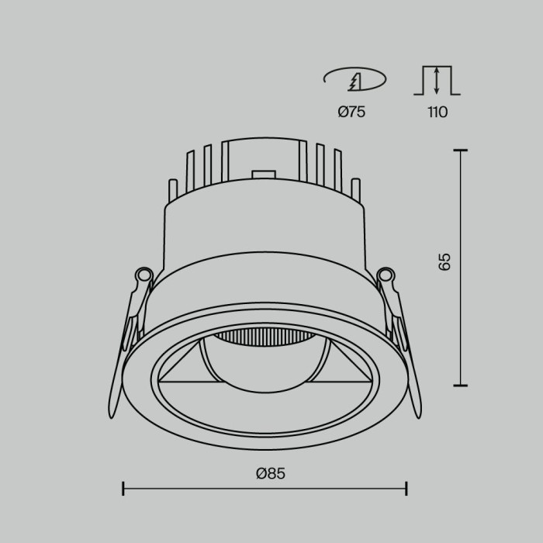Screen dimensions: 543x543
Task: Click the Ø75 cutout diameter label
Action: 351,112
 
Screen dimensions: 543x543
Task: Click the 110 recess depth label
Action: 437,112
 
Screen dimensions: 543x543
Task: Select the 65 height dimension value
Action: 444,261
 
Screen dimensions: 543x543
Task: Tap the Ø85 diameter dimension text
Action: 265,473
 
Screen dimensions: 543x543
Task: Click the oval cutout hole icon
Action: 354,80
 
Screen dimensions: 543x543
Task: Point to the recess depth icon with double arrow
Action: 437,81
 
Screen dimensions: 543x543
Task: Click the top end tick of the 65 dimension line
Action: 462,150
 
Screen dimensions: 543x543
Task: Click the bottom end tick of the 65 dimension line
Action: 462,385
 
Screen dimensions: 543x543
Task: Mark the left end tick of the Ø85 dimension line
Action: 124,488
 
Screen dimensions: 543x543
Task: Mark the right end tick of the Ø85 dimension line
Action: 406,488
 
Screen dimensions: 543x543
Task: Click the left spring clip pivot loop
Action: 143,274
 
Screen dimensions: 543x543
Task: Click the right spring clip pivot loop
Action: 386,274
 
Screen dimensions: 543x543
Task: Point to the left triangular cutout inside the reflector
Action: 181,368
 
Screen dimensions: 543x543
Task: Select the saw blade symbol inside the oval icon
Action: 356,79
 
